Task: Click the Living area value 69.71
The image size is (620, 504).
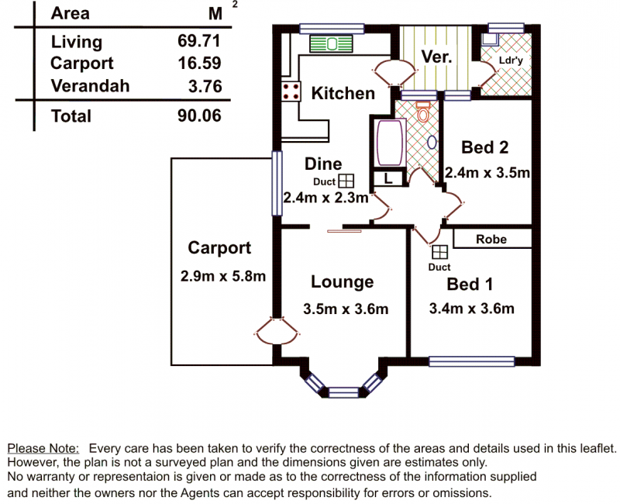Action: pos(199,41)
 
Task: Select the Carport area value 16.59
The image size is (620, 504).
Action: pos(199,64)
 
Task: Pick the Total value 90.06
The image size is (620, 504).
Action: pos(199,116)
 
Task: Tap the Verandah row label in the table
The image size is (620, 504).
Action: pos(90,86)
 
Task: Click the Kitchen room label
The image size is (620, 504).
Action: pos(343,93)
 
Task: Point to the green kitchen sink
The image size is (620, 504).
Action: pos(331,44)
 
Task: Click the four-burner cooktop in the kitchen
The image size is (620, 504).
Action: pos(291,91)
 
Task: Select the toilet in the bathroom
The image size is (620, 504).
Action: pos(423,112)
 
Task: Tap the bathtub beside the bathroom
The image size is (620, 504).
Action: pos(391,143)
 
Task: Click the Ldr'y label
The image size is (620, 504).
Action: pos(511,60)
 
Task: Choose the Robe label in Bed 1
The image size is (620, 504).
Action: pos(491,240)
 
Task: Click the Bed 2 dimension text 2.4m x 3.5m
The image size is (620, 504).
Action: pos(487,173)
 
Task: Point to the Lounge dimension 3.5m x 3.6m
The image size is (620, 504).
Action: pos(346,309)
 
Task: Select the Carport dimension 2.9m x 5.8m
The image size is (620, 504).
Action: pos(223,276)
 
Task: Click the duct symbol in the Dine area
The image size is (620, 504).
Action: pos(346,181)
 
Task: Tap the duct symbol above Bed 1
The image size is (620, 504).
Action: pos(439,253)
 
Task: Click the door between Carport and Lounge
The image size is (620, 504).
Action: pos(277,330)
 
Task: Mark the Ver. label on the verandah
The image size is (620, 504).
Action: pos(436,57)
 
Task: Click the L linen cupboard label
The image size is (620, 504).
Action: pos(388,179)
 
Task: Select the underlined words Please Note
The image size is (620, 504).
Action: pos(43,448)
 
